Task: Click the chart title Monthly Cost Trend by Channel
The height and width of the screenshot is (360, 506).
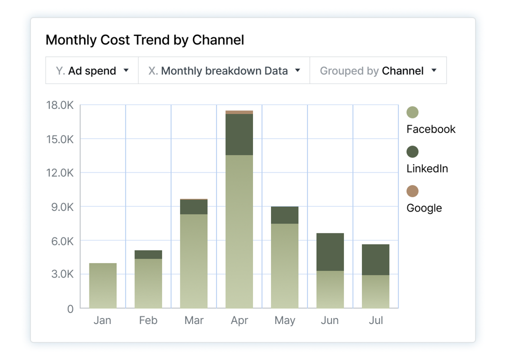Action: (144, 40)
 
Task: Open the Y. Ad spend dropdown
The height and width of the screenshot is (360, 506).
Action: (92, 70)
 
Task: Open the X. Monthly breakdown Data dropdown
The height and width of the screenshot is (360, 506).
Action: (224, 70)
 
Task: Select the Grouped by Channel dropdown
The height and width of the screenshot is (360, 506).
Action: (378, 70)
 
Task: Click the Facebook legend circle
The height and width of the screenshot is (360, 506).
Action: (412, 112)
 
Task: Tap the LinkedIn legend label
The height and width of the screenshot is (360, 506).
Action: (426, 168)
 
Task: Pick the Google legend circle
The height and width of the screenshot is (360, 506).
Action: (412, 191)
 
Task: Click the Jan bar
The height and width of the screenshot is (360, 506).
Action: (102, 285)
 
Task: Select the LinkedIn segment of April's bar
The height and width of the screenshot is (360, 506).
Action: (239, 134)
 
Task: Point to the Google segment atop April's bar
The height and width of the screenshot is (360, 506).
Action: (239, 112)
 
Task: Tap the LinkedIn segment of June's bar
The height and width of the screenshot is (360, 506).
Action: (330, 252)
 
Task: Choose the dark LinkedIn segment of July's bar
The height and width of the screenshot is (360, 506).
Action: (375, 259)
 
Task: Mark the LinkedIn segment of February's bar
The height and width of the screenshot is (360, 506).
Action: (148, 254)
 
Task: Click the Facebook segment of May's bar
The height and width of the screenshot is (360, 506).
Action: (284, 265)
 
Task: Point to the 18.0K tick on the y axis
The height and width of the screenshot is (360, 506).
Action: (60, 105)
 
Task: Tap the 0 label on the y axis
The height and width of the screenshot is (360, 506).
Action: (70, 309)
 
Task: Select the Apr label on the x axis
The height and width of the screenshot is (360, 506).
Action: (239, 320)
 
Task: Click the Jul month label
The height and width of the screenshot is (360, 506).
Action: (375, 320)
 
